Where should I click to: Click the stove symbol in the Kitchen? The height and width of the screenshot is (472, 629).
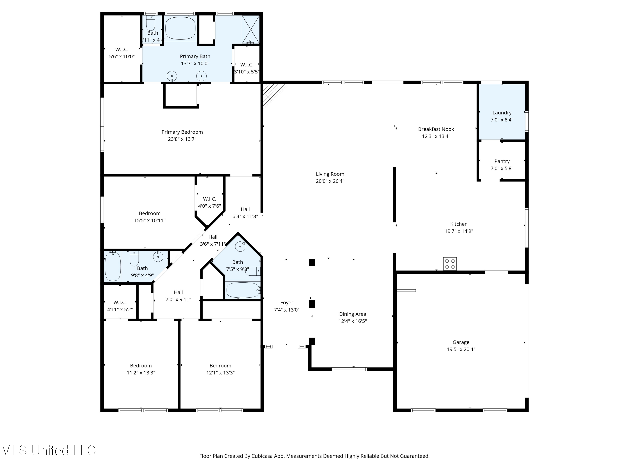coord(450,263)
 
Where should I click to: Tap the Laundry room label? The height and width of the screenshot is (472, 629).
coord(502,113)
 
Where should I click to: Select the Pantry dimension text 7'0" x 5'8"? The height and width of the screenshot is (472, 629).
coord(502,168)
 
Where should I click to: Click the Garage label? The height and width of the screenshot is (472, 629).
coord(461,342)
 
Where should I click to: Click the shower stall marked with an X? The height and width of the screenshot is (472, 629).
coord(251,30)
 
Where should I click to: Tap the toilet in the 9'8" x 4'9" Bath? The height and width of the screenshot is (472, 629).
coord(134,258)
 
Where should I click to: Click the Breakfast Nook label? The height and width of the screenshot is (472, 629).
coord(436,129)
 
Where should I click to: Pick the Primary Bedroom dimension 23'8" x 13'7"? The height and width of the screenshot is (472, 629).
coord(182,139)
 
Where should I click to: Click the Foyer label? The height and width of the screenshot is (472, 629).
coord(287,303)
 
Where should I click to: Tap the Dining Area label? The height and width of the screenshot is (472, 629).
coord(352,314)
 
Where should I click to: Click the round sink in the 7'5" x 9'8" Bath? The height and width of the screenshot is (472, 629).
coord(240,246)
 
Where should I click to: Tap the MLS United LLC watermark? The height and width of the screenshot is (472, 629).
coord(48,450)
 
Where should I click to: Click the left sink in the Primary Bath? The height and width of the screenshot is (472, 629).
coord(172,76)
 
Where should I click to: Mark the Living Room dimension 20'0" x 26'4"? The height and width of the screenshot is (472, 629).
coord(330,181)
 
